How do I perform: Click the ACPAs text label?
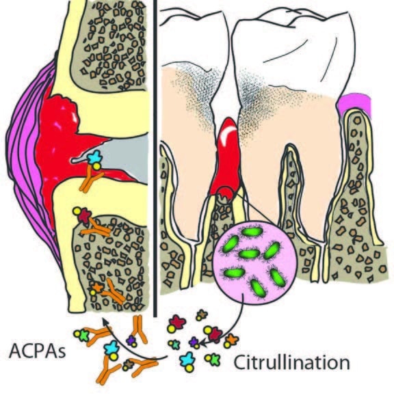(38, 351)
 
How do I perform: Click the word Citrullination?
(292, 362)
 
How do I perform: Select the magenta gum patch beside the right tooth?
(354, 105)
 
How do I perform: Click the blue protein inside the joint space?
(94, 157)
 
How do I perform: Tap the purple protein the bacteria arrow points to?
(194, 342)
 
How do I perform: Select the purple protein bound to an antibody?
(131, 340)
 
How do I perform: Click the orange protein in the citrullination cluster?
(232, 339)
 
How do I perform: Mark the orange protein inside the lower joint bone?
(97, 286)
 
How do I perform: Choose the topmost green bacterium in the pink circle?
(252, 232)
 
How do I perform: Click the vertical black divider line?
(155, 159)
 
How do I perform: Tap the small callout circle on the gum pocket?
(225, 195)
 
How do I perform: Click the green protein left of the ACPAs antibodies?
(83, 335)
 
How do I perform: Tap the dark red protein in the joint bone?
(85, 216)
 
